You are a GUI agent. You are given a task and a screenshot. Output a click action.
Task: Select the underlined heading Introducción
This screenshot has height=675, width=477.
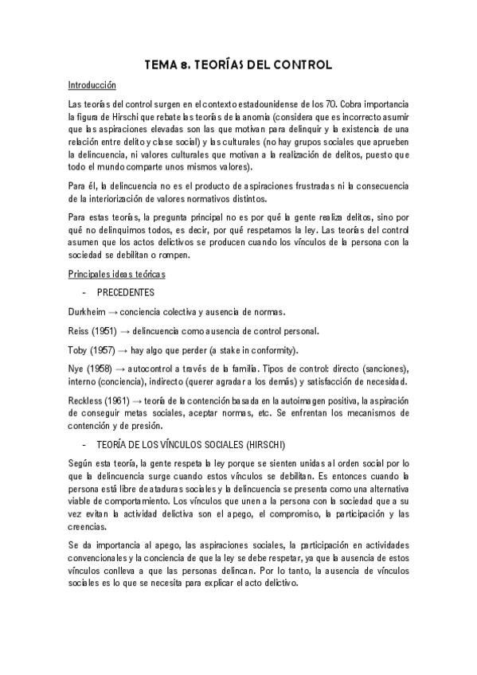92,85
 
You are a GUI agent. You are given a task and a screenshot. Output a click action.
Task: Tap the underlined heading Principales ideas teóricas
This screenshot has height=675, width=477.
116,275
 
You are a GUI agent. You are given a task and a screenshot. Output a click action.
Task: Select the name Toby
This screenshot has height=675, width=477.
78,349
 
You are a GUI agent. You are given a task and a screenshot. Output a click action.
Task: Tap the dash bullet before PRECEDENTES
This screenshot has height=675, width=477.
84,293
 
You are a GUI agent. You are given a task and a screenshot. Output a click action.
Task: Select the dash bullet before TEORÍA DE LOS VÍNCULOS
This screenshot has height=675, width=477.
84,443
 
